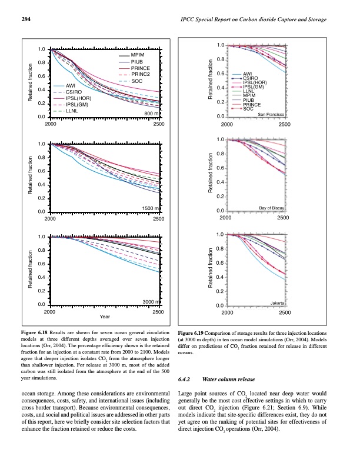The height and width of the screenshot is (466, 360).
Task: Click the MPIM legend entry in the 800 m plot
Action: point(138,55)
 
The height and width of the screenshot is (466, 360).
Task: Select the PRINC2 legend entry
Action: point(140,74)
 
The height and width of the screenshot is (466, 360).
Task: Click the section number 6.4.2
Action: point(185,380)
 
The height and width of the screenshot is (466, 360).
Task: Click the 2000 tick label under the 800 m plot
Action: point(51,125)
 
